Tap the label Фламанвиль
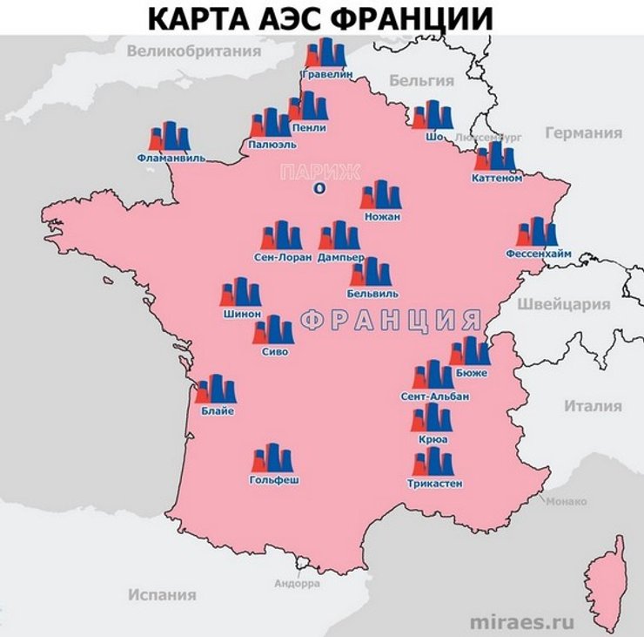pyautogui.click(x=171, y=159)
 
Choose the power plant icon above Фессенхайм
pyautogui.click(x=537, y=233)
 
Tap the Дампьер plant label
pyautogui.click(x=340, y=259)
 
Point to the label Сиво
pyautogui.click(x=274, y=352)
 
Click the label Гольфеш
pyautogui.click(x=273, y=479)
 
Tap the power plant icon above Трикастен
pyautogui.click(x=434, y=462)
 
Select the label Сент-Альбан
pyautogui.click(x=434, y=396)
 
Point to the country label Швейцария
pyautogui.click(x=563, y=305)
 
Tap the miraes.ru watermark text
pyautogui.click(x=522, y=622)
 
